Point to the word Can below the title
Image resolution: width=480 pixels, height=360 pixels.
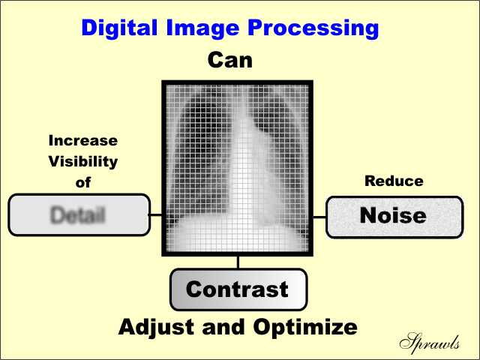click(231, 60)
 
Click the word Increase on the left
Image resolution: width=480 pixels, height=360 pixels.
click(83, 140)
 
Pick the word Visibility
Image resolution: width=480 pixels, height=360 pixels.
click(83, 161)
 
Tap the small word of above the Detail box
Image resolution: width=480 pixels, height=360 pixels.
click(82, 182)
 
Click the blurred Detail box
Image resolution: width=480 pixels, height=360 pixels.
click(78, 214)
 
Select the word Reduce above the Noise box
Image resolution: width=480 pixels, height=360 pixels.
click(394, 181)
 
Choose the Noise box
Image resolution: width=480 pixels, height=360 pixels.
click(393, 217)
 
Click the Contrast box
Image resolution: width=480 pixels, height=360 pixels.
click(238, 289)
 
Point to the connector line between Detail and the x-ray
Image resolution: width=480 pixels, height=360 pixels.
click(154, 214)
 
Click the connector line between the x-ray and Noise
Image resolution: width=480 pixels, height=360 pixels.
click(319, 217)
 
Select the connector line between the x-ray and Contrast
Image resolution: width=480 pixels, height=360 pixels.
click(238, 262)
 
